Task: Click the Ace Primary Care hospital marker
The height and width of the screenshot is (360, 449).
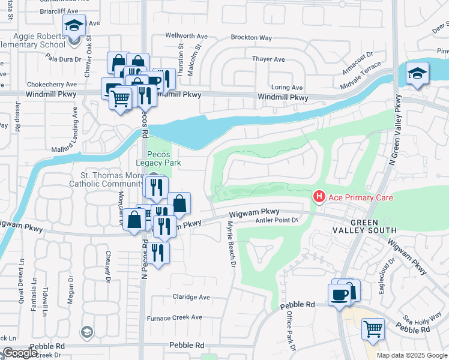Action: pyautogui.click(x=319, y=197)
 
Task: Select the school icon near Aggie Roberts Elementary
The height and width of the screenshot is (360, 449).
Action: pyautogui.click(x=74, y=25)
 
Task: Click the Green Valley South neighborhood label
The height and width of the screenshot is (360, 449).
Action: pyautogui.click(x=366, y=226)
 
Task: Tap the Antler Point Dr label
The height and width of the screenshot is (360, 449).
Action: pyautogui.click(x=277, y=220)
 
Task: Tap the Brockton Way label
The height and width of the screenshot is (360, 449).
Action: pyautogui.click(x=248, y=37)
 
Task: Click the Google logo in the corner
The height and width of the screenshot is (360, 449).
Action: pyautogui.click(x=20, y=353)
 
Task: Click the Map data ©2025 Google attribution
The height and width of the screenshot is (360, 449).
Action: pyautogui.click(x=412, y=355)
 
